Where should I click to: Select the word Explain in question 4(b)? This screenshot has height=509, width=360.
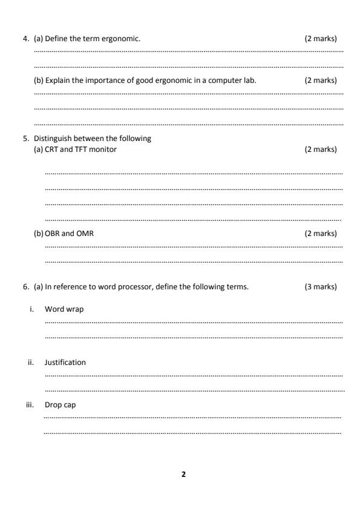pyautogui.click(x=57, y=80)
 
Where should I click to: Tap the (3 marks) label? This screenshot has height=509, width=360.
pyautogui.click(x=321, y=286)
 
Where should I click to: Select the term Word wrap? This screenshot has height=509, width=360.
pyautogui.click(x=64, y=309)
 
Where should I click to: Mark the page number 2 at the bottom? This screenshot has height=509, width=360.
pyautogui.click(x=184, y=474)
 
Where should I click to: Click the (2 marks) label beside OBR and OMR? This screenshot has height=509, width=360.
pyautogui.click(x=321, y=234)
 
